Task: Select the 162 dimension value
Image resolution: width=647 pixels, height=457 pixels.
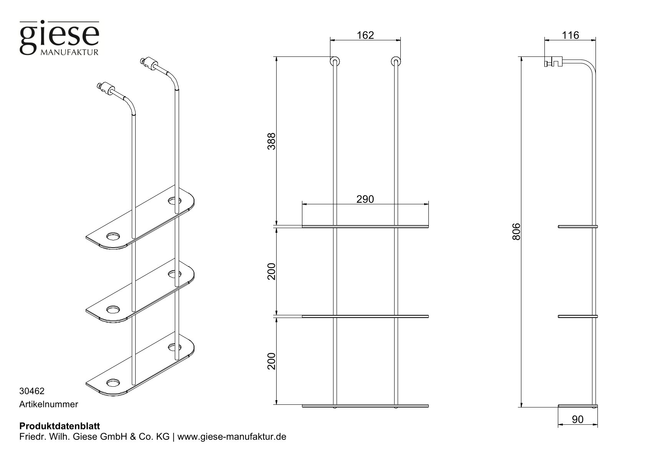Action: [x=365, y=35]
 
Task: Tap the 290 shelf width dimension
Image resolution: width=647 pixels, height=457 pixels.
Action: [x=365, y=199]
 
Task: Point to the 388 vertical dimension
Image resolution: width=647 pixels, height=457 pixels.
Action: [x=272, y=141]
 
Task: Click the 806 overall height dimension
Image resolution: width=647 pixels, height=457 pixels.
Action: [x=516, y=232]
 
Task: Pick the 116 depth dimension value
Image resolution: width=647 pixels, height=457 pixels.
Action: [x=570, y=35]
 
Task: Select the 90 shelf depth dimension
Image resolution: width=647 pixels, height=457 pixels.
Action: [x=577, y=420]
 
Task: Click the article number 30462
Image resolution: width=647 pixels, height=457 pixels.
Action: [x=32, y=391]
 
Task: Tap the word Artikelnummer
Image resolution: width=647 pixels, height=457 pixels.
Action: [x=48, y=404]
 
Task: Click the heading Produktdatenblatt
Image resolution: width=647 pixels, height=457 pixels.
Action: [x=59, y=426]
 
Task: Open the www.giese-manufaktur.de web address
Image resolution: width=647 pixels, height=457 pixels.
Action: [x=232, y=437]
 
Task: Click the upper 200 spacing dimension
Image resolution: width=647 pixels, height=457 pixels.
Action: [x=272, y=271]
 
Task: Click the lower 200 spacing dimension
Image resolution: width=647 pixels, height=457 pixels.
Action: [x=272, y=361]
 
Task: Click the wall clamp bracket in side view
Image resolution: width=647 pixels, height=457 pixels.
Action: [x=553, y=61]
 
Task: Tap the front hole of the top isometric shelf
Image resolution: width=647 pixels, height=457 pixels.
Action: [x=113, y=236]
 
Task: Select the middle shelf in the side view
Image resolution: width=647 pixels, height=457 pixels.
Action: [x=577, y=316]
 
